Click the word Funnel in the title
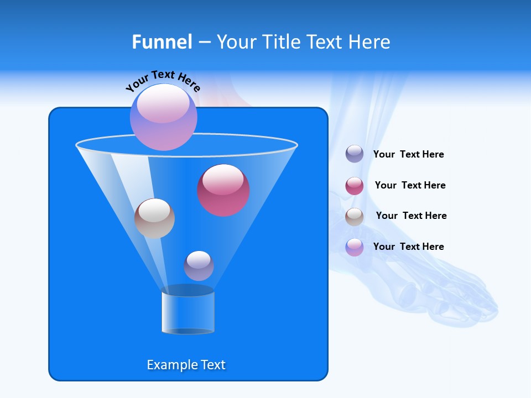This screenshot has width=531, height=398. click(162, 42)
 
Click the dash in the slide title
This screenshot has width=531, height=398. click(204, 43)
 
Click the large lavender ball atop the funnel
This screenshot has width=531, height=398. click(163, 117)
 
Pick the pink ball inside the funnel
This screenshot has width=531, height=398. click(223, 190)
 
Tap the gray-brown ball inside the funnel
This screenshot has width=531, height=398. click(154, 218)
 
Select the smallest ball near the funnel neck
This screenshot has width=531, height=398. click(199, 265)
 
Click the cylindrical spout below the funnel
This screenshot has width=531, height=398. click(188, 311)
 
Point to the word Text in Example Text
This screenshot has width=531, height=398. click(212, 365)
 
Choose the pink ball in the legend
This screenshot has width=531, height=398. click(355, 186)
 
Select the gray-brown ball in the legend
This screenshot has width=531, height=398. click(355, 217)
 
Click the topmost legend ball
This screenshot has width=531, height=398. click(355, 154)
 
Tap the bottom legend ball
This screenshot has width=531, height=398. click(355, 247)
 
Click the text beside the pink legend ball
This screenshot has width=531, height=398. click(410, 185)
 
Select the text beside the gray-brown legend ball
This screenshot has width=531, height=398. click(411, 216)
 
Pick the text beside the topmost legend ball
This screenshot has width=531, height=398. click(408, 154)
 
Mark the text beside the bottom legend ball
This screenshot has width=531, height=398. click(408, 247)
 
